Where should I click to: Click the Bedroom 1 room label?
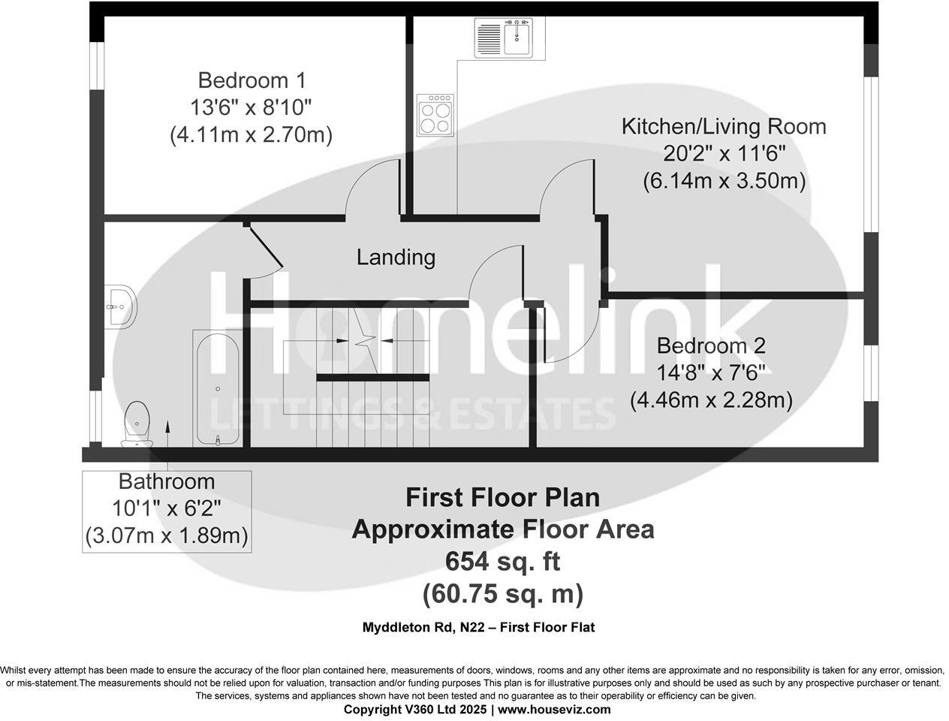click(x=252, y=80)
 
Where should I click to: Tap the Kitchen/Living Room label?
click(x=724, y=126)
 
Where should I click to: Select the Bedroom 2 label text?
click(x=711, y=345)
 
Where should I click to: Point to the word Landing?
click(x=396, y=258)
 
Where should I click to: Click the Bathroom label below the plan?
click(x=167, y=481)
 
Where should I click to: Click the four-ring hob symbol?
click(x=436, y=114)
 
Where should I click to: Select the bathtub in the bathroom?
click(x=218, y=389)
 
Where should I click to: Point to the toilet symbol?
click(x=137, y=424)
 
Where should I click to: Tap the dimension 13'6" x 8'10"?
click(x=251, y=107)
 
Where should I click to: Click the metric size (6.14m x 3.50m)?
click(x=724, y=181)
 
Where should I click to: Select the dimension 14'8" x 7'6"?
click(x=711, y=373)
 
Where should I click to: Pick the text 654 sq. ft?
click(x=502, y=561)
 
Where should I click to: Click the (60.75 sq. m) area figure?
click(x=502, y=594)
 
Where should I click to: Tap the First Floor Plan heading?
click(x=502, y=497)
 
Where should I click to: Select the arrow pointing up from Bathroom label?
click(x=167, y=436)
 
